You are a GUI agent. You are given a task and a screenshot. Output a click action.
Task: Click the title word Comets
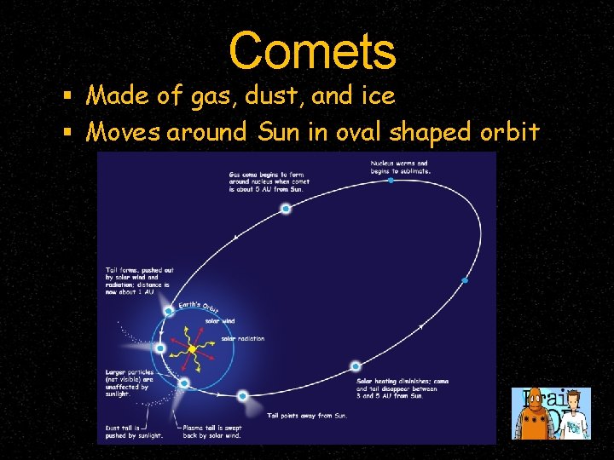pyautogui.click(x=312, y=51)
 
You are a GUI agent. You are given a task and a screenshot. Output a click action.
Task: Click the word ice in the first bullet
pyautogui.click(x=377, y=96)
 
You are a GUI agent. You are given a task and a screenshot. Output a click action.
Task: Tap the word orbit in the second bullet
pyautogui.click(x=508, y=132)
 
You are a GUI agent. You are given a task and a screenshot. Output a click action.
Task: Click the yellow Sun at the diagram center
pyautogui.click(x=193, y=349)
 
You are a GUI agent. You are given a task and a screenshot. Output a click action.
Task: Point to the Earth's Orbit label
pyautogui.click(x=198, y=306)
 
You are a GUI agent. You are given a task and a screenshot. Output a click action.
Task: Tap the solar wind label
pyautogui.click(x=221, y=321)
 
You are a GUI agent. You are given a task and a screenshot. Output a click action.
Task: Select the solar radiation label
pyautogui.click(x=243, y=338)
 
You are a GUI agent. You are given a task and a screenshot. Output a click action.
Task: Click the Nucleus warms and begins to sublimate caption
pyautogui.click(x=401, y=166)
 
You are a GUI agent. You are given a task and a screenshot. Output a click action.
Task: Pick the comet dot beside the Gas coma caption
pyautogui.click(x=286, y=209)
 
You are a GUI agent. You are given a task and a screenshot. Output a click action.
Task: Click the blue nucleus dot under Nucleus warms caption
pyautogui.click(x=391, y=181)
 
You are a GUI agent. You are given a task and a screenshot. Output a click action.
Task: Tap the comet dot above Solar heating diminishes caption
pyautogui.click(x=356, y=366)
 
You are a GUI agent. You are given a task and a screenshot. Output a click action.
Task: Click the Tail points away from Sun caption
pyautogui.click(x=307, y=415)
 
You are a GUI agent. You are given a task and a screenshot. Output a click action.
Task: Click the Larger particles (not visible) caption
pyautogui.click(x=127, y=384)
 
